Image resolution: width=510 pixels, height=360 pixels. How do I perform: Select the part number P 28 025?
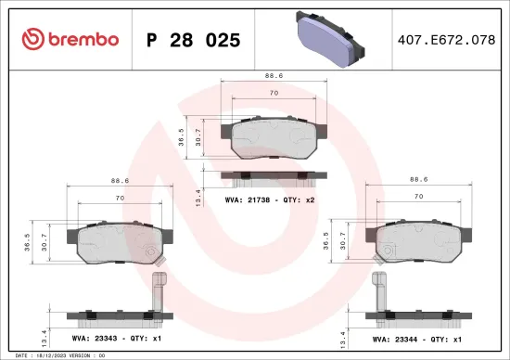coord(194,40)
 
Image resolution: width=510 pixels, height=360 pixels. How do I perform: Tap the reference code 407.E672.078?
coord(446,40)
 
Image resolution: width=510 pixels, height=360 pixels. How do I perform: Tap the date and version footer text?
coord(57,354)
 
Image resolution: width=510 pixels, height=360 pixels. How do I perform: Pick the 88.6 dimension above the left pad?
coord(118,181)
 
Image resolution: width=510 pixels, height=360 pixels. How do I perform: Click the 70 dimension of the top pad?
coord(274,94)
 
